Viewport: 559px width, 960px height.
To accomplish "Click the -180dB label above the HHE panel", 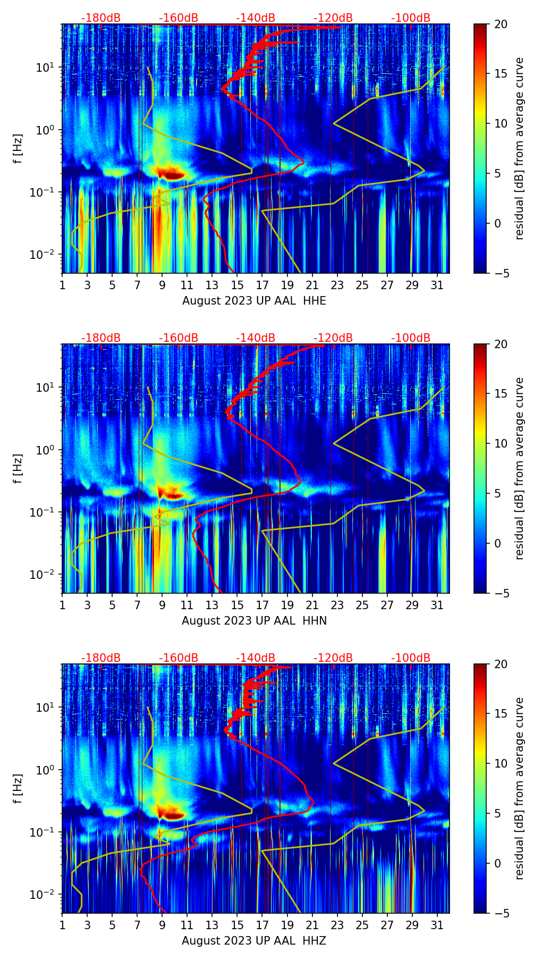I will tap(101, 18).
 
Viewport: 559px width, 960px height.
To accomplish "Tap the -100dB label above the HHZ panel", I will tap(411, 658).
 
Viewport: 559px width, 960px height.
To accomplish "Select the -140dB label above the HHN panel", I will tap(256, 338).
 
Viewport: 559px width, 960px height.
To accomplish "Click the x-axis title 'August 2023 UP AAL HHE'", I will tap(254, 301).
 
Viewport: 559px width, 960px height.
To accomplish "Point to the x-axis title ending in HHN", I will tap(254, 621).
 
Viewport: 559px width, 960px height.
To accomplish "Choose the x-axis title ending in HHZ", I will tap(254, 941).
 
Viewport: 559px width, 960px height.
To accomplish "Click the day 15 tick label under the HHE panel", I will tap(237, 285).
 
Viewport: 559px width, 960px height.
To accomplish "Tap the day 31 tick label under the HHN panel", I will tap(437, 605).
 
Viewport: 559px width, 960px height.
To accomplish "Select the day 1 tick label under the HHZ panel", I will tap(62, 925).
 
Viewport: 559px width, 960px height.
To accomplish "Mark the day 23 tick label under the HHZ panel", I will tap(337, 925).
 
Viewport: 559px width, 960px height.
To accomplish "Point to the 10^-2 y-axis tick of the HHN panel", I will tap(43, 575).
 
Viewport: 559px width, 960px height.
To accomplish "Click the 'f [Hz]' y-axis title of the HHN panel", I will tap(19, 468).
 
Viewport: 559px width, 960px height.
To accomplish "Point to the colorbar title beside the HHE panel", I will tap(520, 148).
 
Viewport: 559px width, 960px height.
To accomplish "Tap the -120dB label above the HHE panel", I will tap(333, 18).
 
